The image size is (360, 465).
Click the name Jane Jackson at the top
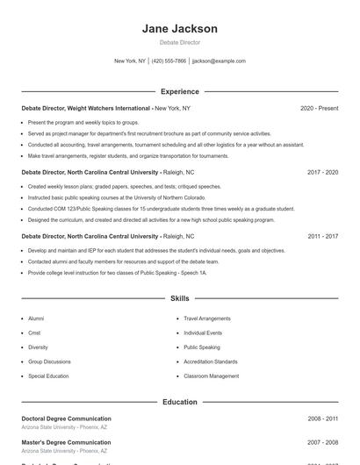coord(179,29)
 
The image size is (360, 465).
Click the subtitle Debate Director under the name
coord(179,42)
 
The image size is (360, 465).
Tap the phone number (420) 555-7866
coord(169,61)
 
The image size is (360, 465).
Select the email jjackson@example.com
coord(219,61)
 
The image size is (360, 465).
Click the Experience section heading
coord(179,91)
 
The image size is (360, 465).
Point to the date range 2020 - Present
coord(319,108)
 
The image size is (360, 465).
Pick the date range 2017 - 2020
coord(322,172)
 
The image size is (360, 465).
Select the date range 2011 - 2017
coord(322,236)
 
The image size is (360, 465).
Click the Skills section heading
coord(179,298)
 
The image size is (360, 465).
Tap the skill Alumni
coord(36,318)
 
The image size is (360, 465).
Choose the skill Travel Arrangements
coord(207,318)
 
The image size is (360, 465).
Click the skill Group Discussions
coord(49,361)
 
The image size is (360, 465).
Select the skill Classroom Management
coord(211,376)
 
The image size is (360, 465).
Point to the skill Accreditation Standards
coord(210,361)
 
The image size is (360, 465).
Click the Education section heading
coord(179,402)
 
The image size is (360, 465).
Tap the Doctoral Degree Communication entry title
coord(66,418)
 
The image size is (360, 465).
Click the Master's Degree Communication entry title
coord(66,442)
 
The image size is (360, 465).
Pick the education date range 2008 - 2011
coord(322,418)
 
